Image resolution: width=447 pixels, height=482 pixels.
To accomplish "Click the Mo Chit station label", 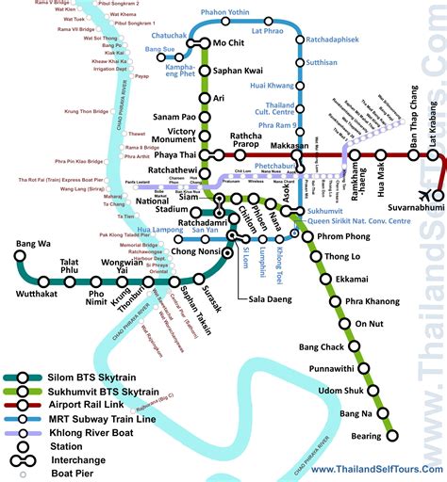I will point(235,43).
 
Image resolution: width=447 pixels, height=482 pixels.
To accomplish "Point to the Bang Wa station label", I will point(33,245).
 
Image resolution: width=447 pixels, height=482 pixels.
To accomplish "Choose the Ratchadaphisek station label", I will point(338,40).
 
